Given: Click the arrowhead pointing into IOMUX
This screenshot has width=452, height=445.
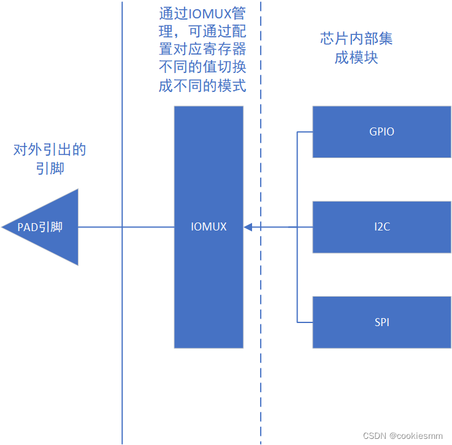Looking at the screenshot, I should click(x=248, y=227).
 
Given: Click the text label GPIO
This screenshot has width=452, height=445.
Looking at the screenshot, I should click(x=381, y=132).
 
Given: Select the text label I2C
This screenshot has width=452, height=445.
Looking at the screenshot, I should click(x=382, y=227).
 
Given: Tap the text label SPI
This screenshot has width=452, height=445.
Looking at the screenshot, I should click(x=381, y=322).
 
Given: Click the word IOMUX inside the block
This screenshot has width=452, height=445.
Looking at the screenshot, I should click(x=209, y=227).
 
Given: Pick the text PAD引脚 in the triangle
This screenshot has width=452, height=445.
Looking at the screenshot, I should click(x=40, y=227).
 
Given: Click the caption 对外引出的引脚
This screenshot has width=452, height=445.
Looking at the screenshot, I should click(x=49, y=159).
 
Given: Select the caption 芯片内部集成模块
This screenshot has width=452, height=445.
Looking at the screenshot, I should click(x=356, y=48).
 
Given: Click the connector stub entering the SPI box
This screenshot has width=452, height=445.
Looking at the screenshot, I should click(x=305, y=322).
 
